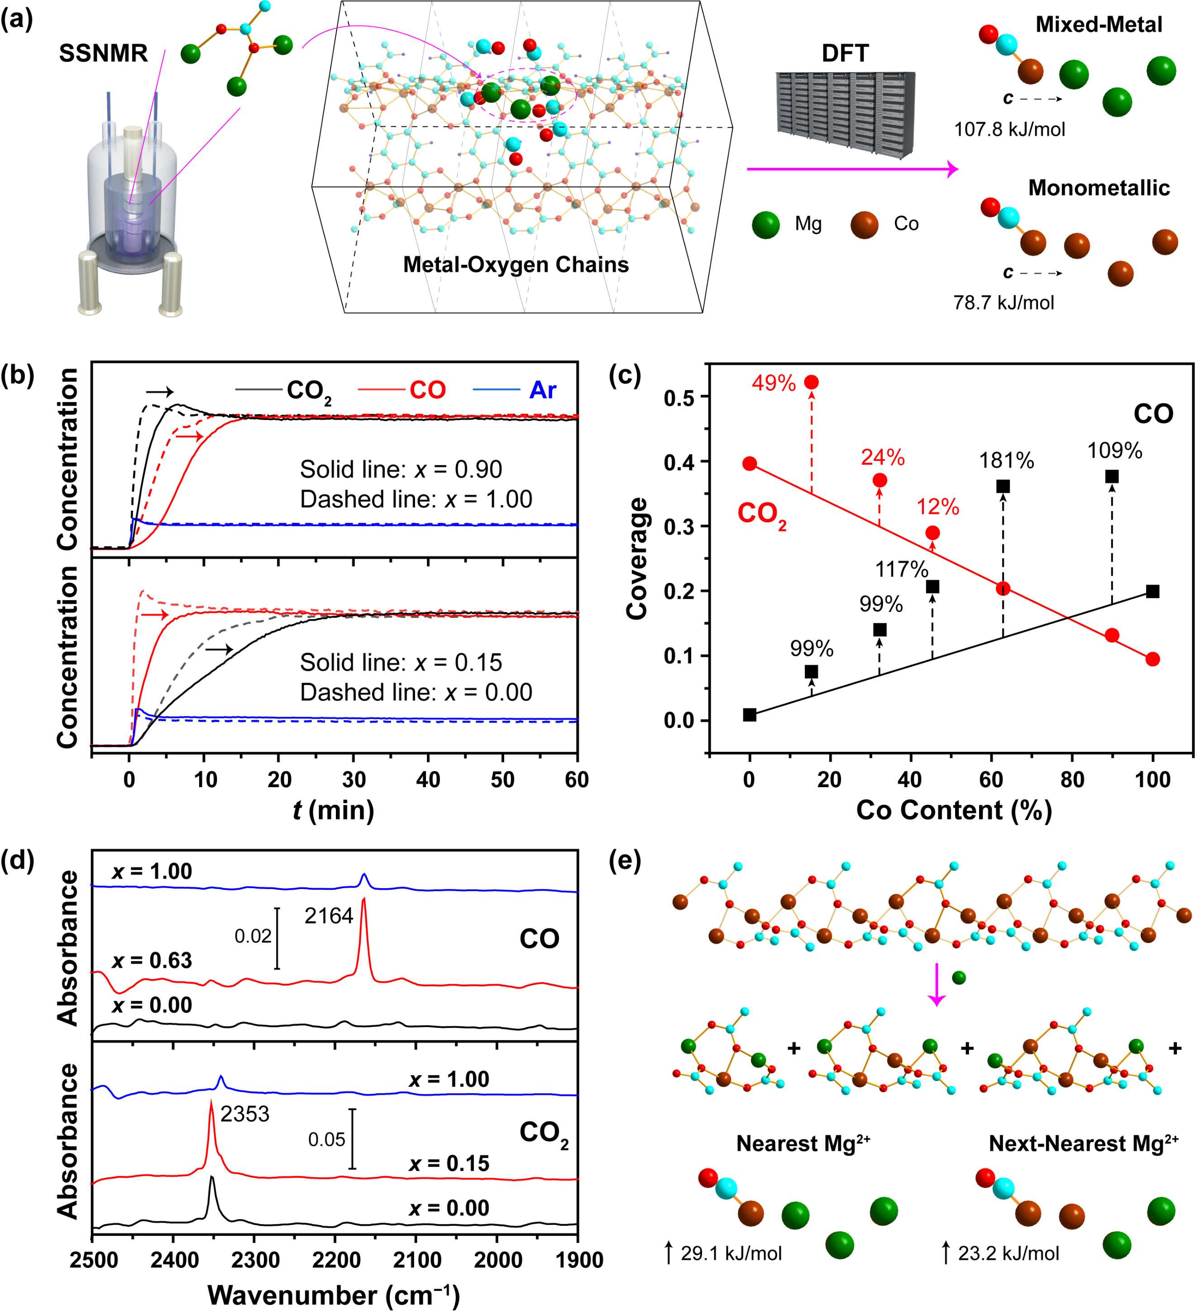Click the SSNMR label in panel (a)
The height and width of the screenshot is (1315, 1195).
pos(103,53)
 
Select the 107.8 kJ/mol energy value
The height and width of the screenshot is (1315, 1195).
pos(1009,129)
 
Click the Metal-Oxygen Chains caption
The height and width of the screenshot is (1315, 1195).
pos(515,264)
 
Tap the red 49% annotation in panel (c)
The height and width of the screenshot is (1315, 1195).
pos(774,383)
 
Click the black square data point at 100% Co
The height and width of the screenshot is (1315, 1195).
pos(1152,592)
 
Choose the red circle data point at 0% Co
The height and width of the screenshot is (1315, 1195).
pos(750,464)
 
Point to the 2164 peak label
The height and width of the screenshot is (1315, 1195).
pos(329,916)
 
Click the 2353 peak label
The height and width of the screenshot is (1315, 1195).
pos(244,1114)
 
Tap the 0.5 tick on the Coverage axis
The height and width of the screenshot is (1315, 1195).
pos(679,397)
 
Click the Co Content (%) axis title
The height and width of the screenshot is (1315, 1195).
pos(954,810)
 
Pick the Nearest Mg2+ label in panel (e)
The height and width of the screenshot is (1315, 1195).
pos(803,1143)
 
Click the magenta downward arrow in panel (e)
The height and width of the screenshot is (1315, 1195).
pos(937,983)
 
